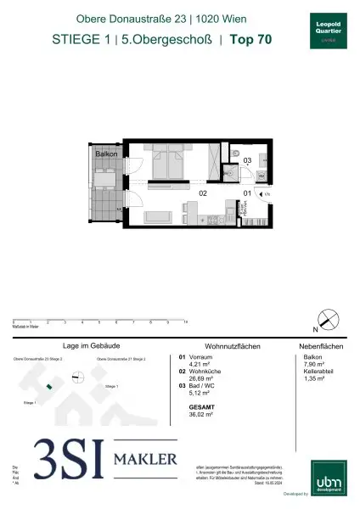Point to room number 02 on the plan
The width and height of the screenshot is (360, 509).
click(204, 193)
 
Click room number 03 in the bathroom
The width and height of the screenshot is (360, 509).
click(247, 159)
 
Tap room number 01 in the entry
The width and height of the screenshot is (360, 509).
click(247, 193)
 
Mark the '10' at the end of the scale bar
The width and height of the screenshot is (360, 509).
click(186, 323)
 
